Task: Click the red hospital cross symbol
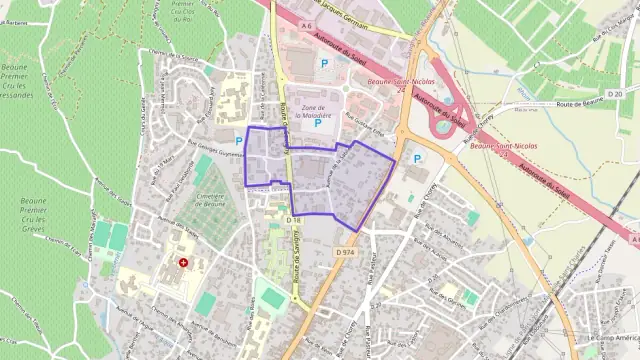click(184, 263)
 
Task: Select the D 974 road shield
click(345, 253)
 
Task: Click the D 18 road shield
click(293, 219)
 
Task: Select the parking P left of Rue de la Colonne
click(238, 141)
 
